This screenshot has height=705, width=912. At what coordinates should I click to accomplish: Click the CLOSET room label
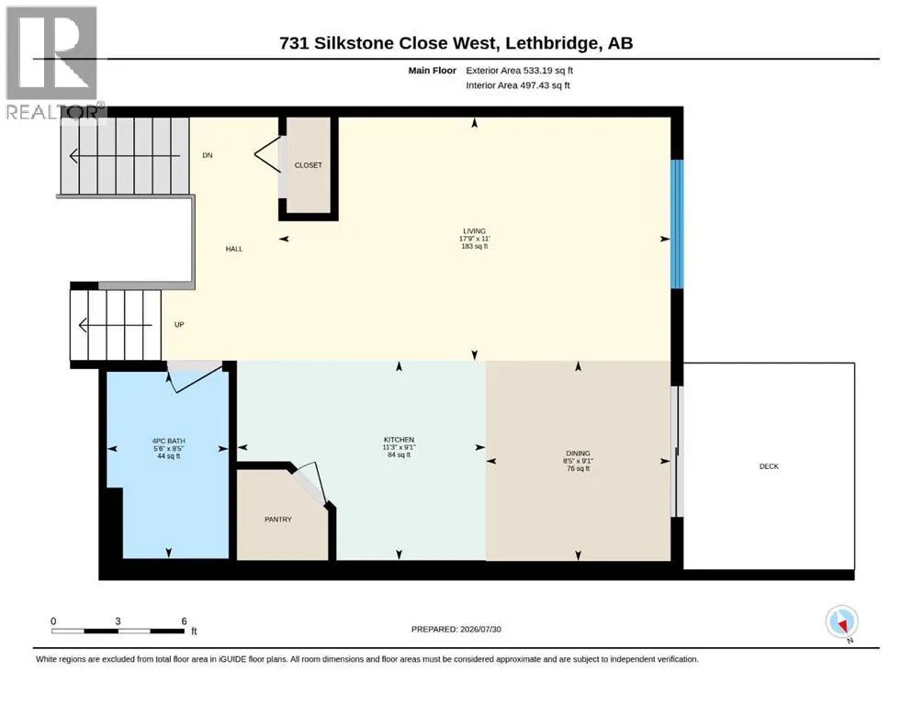pos(309,165)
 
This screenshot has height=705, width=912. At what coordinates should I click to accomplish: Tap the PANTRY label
pos(278,519)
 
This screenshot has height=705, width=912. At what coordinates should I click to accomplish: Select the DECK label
pos(769,466)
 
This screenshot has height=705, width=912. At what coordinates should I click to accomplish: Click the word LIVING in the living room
pos(475,230)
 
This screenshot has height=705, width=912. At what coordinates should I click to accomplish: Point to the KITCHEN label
pos(399,440)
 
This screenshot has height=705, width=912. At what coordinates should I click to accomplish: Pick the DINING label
pos(578,453)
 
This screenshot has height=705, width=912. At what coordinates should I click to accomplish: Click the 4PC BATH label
pos(169,442)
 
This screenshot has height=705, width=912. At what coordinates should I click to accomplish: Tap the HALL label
pos(234,249)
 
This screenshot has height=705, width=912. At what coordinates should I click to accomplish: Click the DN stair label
pos(208,155)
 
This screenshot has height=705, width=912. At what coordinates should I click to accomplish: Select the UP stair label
pos(179,324)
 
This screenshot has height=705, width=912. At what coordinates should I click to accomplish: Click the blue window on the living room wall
pos(677,224)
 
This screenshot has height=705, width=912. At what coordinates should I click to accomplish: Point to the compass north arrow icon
pos(841,622)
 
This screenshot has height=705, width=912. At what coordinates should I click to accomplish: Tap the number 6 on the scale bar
pos(184,621)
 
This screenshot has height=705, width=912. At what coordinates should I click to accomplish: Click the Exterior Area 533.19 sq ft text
pos(520,71)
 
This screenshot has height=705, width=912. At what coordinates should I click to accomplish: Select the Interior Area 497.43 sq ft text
pos(518,84)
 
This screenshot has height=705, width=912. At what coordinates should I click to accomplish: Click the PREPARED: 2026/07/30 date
pos(456,629)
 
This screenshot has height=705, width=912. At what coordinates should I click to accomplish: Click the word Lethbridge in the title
pos(552,43)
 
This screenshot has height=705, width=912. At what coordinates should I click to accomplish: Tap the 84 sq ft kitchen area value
pos(399,454)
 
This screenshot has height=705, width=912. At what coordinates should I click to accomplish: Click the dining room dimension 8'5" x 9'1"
pos(578,460)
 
